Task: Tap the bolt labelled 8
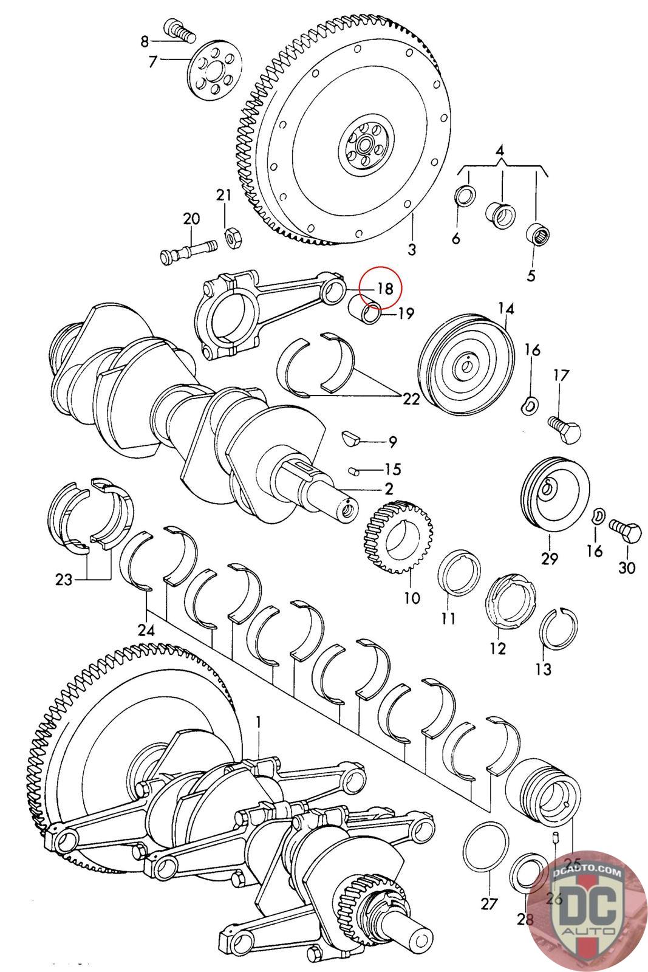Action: [x=178, y=30]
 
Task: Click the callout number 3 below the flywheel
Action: [x=412, y=249]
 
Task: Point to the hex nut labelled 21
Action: [x=231, y=236]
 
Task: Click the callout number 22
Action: [x=411, y=399]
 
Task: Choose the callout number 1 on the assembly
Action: [x=258, y=722]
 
